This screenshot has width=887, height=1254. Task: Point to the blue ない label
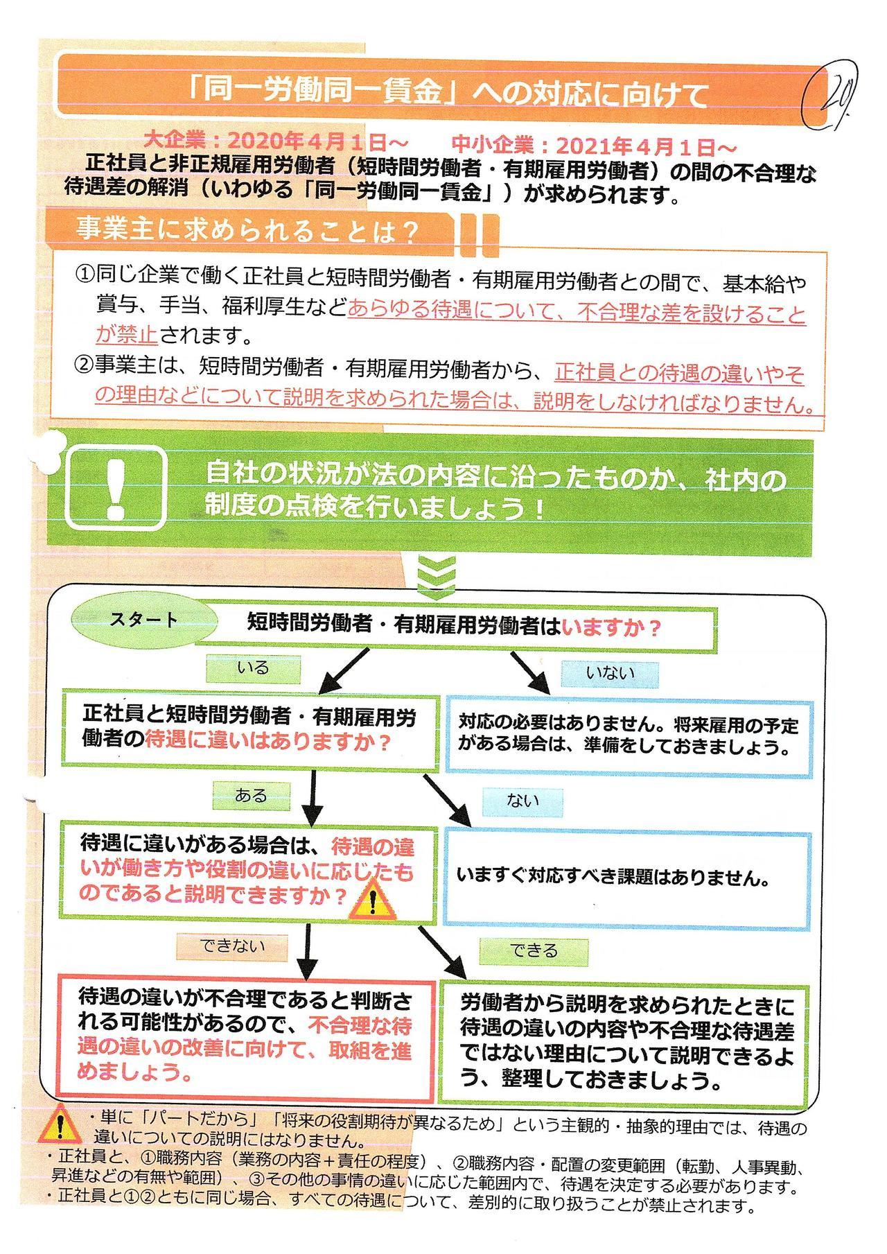pyautogui.click(x=523, y=801)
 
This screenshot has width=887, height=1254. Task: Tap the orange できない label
pyautogui.click(x=233, y=946)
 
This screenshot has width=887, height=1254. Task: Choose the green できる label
pyautogui.click(x=534, y=950)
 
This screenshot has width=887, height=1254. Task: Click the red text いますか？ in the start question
pyautogui.click(x=612, y=628)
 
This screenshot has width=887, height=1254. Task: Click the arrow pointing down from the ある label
pyautogui.click(x=314, y=796)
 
